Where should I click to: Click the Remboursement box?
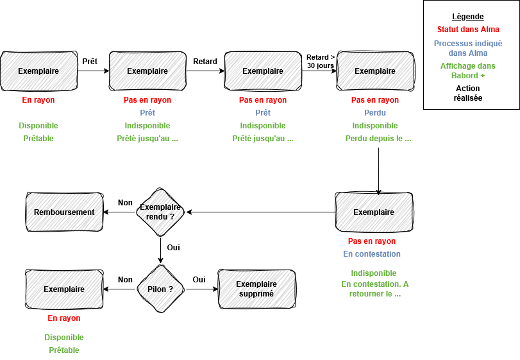pyautogui.click(x=64, y=212)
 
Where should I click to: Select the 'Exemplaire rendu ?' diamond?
pyautogui.click(x=161, y=212)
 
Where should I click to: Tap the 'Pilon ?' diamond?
pyautogui.click(x=161, y=289)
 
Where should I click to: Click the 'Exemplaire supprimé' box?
pyautogui.click(x=256, y=289)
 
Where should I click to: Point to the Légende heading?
pyautogui.click(x=467, y=17)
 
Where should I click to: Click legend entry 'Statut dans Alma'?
pyautogui.click(x=467, y=30)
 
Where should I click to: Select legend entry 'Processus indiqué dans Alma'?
pyautogui.click(x=467, y=48)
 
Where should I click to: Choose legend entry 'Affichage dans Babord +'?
pyautogui.click(x=467, y=71)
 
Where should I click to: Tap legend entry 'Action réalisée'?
pyautogui.click(x=467, y=93)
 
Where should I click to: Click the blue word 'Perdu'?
pyautogui.click(x=375, y=113)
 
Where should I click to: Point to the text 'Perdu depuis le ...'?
pyautogui.click(x=378, y=139)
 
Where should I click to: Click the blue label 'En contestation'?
pyautogui.click(x=372, y=254)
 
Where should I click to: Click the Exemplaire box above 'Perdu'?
pyautogui.click(x=375, y=71)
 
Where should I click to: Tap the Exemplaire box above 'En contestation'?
pyautogui.click(x=374, y=212)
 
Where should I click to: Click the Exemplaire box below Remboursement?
pyautogui.click(x=64, y=289)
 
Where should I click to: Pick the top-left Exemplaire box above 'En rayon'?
pyautogui.click(x=38, y=71)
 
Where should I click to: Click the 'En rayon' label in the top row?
pyautogui.click(x=38, y=100)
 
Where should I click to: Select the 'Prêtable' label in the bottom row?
pyautogui.click(x=64, y=350)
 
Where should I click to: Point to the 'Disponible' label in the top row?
pyautogui.click(x=38, y=126)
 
